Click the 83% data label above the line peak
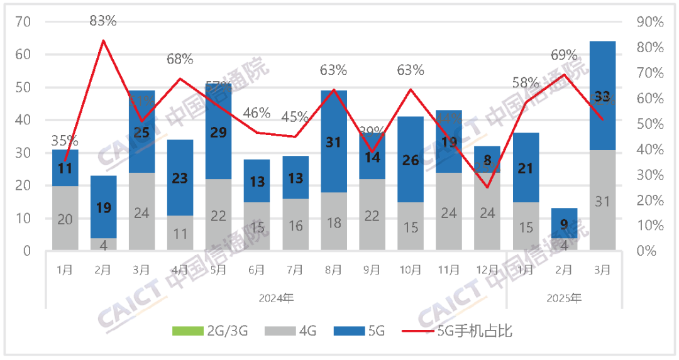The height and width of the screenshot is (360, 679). (x=103, y=21)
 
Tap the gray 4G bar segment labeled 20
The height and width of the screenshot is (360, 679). (x=65, y=218)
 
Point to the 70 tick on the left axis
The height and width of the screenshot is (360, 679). (x=24, y=22)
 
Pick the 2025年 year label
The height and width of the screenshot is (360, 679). (x=564, y=297)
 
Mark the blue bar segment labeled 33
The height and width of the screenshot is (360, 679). (x=602, y=95)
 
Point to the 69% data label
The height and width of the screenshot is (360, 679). (x=564, y=55)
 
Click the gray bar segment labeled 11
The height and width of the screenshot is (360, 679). (x=180, y=233)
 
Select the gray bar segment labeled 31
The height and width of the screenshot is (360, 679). (x=602, y=200)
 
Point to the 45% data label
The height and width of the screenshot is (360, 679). (x=295, y=117)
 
